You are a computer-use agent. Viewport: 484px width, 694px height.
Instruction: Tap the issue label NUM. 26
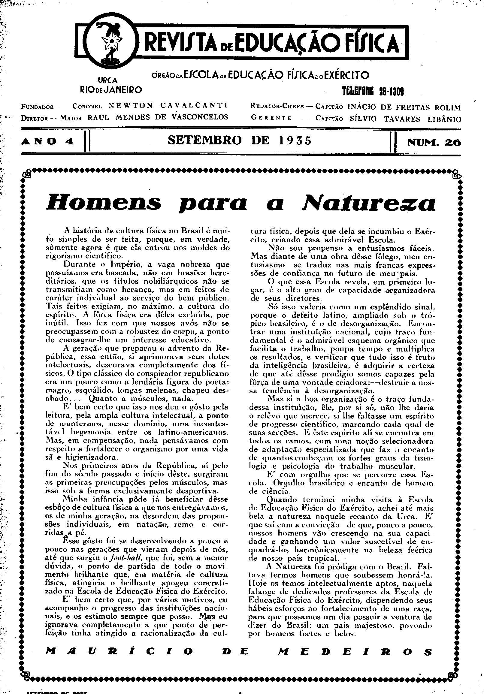point(434,142)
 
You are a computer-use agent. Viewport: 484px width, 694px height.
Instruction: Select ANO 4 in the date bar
point(48,142)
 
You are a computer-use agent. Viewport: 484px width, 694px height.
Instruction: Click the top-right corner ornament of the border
point(456,174)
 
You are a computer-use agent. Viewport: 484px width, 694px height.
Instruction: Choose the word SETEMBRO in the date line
point(205,140)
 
